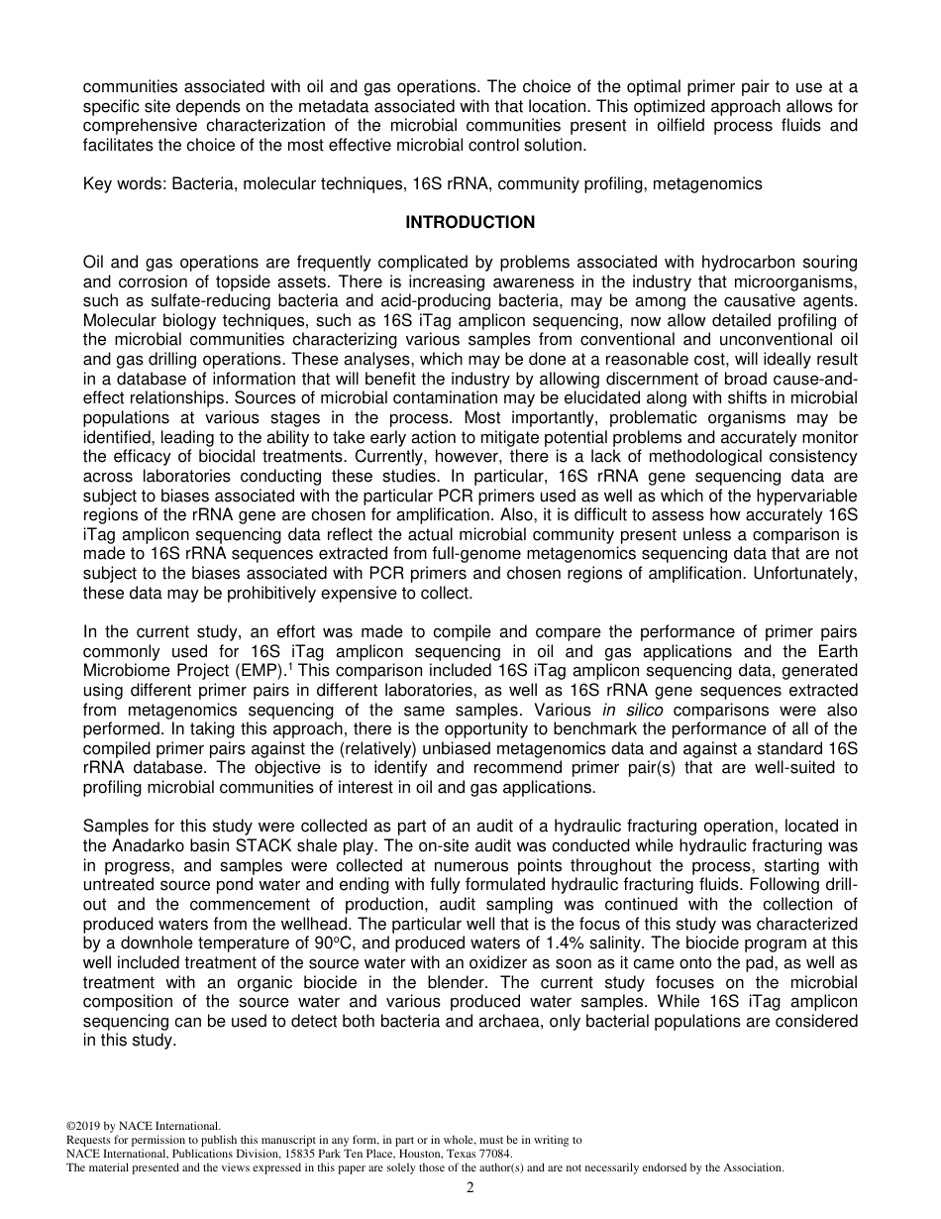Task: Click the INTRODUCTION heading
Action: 470,223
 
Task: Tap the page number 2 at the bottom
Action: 470,1187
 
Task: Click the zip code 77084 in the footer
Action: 495,1154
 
